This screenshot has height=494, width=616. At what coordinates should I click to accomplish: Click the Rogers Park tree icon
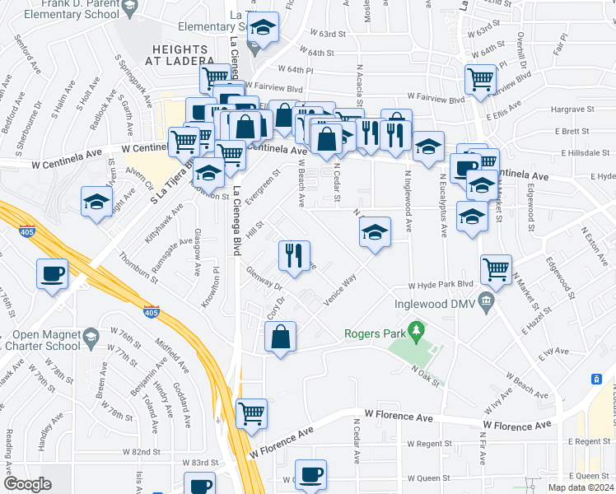click(418, 333)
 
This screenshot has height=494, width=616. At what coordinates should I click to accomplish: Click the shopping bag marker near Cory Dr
click(280, 338)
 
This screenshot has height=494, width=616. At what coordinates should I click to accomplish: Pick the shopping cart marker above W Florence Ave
click(251, 414)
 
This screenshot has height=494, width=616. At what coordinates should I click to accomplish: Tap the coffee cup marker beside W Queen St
click(311, 476)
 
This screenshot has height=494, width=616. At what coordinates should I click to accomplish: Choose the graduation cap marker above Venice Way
click(375, 234)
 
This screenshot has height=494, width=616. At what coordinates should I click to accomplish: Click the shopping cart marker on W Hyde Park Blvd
click(496, 269)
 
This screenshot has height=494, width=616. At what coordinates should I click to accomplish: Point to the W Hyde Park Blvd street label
click(444, 285)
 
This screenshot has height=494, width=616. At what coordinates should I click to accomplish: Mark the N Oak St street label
click(427, 375)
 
